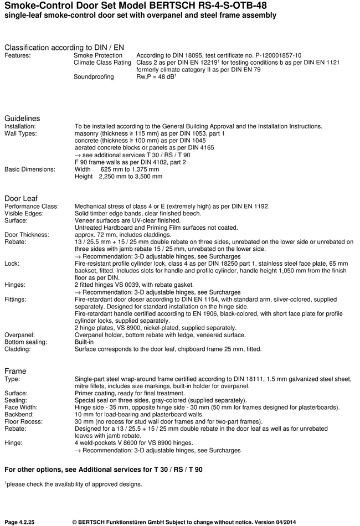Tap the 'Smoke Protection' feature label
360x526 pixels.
pos(98,56)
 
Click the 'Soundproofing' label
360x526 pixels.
pos(94,77)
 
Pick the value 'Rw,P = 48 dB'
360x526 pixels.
pos(155,77)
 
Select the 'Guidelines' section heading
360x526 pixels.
pos(22,118)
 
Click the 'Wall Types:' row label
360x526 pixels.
pos(20,133)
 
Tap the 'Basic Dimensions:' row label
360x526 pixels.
pos(30,169)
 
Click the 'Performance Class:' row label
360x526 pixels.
pos(32,207)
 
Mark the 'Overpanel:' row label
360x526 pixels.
pos(20,335)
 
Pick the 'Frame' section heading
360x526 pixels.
pos(16,370)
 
